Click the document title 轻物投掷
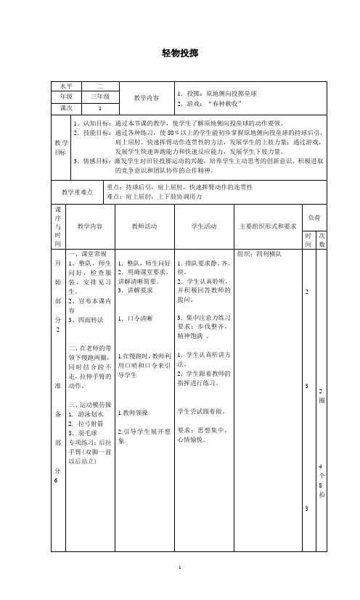(x=179, y=53)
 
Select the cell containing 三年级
(x=100, y=96)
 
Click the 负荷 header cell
(x=315, y=197)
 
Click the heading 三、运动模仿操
(x=89, y=404)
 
